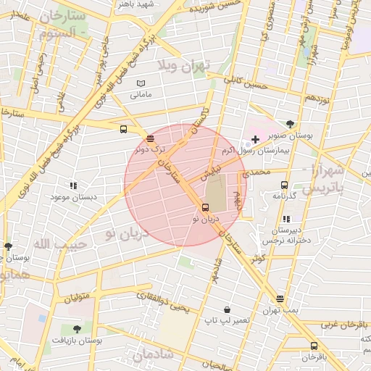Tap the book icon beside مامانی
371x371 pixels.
coord(141,83)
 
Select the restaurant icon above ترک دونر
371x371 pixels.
coord(150,138)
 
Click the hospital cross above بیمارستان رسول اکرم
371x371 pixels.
coord(254,138)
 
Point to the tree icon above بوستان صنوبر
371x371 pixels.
coord(291,124)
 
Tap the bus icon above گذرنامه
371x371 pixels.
coord(284,185)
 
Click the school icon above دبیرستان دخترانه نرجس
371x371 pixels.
coord(287,218)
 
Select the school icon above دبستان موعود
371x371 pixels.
coord(72,185)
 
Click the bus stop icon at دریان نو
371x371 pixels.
coord(204,207)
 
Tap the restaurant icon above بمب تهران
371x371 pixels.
coord(280,299)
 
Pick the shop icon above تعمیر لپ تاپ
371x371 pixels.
coord(227,309)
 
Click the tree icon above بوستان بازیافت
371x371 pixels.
coord(77,329)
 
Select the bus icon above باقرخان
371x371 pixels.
coord(314,346)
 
